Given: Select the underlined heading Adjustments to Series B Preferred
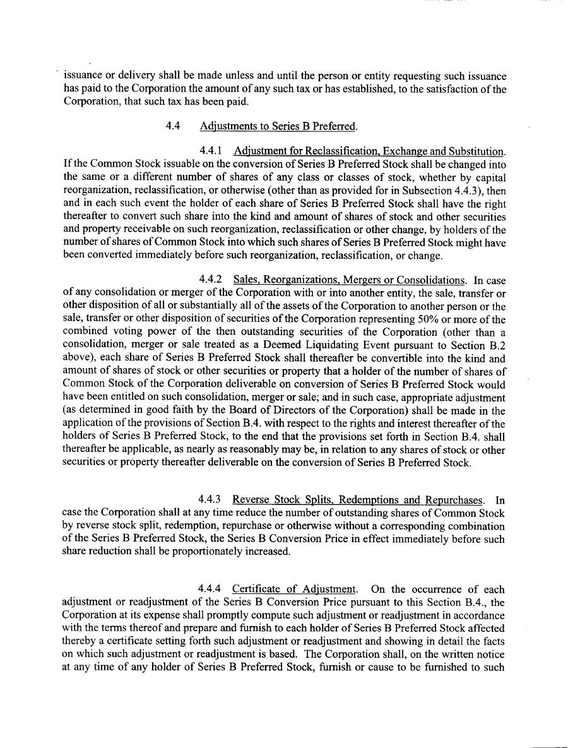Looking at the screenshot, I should coord(278,126).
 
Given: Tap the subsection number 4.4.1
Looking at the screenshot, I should coord(210,151).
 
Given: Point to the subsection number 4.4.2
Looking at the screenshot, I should coord(210,280).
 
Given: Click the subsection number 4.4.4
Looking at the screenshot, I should coord(210,590).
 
